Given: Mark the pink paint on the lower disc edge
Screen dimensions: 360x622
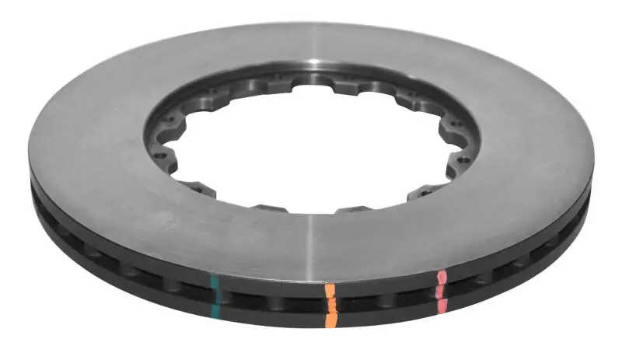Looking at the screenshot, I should [442, 304].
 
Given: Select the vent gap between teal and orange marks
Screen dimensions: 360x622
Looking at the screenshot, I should [272, 299].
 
